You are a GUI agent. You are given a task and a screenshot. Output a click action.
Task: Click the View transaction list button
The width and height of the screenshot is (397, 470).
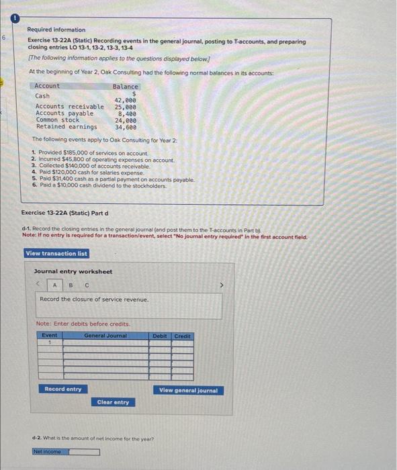(56, 253)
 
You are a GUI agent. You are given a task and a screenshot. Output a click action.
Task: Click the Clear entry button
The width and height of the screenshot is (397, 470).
(113, 402)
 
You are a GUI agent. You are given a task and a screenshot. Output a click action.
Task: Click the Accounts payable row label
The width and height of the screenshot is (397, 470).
(64, 113)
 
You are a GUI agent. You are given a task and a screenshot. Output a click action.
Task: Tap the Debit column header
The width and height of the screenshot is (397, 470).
(160, 335)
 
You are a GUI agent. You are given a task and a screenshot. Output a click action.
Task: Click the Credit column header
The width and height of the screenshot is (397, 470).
(182, 335)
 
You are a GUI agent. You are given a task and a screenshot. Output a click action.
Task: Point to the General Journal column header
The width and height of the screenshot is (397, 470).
(105, 335)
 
